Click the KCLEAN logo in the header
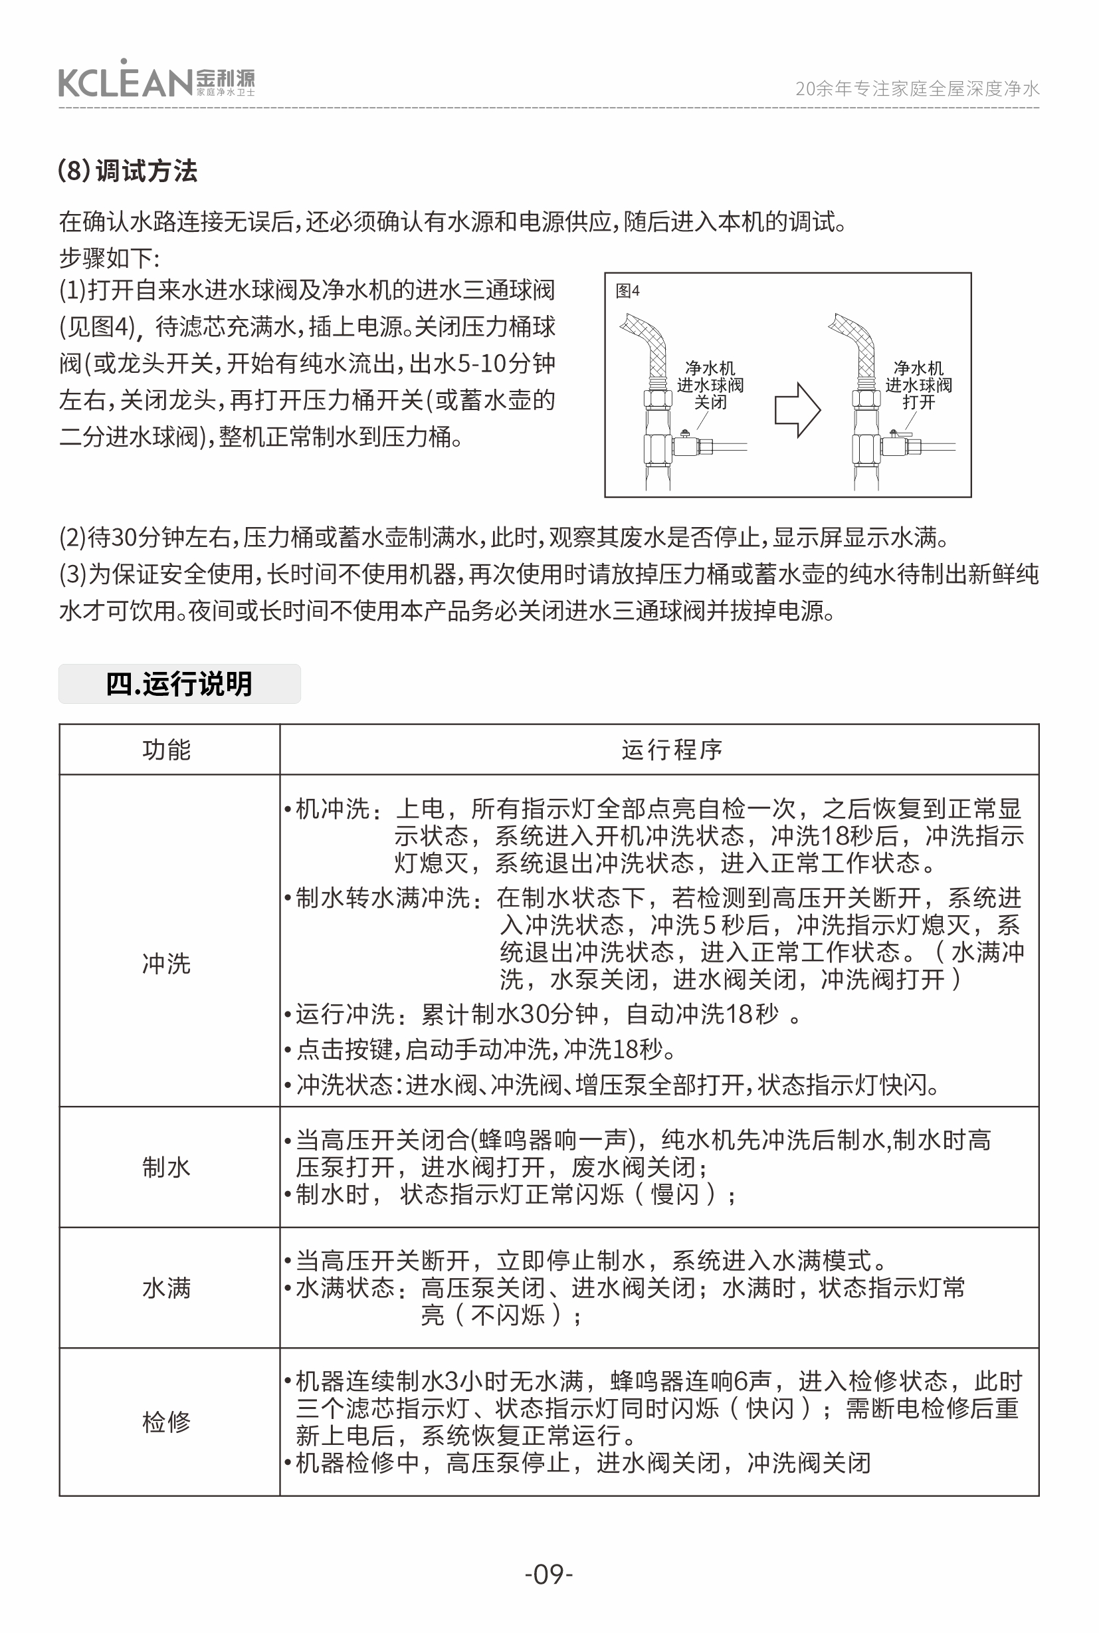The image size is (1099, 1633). pyautogui.click(x=155, y=81)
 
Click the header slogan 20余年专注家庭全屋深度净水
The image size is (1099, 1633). pyautogui.click(x=917, y=88)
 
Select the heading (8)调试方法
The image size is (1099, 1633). pyautogui.click(x=128, y=170)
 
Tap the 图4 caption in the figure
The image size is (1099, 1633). pyautogui.click(x=627, y=290)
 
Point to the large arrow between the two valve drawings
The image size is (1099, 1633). pyautogui.click(x=797, y=410)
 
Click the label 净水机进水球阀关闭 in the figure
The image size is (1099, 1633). pyautogui.click(x=710, y=385)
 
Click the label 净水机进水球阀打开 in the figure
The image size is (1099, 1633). pyautogui.click(x=918, y=385)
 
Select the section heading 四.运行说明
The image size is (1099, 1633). pyautogui.click(x=179, y=684)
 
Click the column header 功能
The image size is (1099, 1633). pyautogui.click(x=167, y=750)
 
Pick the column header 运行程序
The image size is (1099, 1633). pyautogui.click(x=672, y=750)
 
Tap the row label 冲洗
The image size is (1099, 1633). pyautogui.click(x=167, y=964)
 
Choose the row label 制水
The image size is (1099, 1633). pyautogui.click(x=167, y=1166)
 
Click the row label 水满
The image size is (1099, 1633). pyautogui.click(x=167, y=1287)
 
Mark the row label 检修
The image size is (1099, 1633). pyautogui.click(x=167, y=1422)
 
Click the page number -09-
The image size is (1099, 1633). pyautogui.click(x=549, y=1574)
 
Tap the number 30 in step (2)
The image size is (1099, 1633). pyautogui.click(x=124, y=538)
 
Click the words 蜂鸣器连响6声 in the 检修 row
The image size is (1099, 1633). pyautogui.click(x=690, y=1381)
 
